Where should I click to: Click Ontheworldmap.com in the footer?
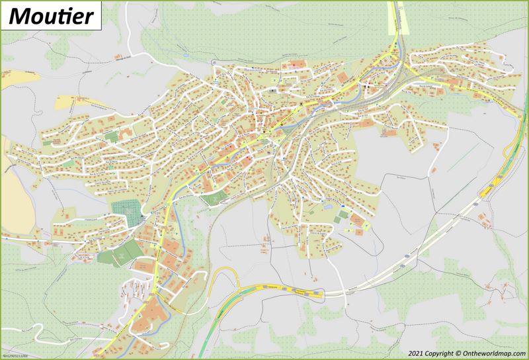click(494, 353)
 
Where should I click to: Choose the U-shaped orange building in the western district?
click(110, 137)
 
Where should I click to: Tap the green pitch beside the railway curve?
click(211, 198)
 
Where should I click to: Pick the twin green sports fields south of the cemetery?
click(118, 255)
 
